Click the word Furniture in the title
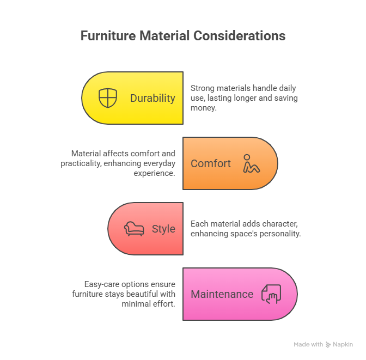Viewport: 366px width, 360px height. pyautogui.click(x=107, y=36)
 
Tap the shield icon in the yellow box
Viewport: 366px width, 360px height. pyautogui.click(x=108, y=98)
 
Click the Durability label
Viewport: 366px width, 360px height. pyautogui.click(x=152, y=98)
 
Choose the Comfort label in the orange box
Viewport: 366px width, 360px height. pyautogui.click(x=211, y=163)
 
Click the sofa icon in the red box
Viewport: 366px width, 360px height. pyautogui.click(x=133, y=229)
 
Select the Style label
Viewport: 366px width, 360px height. pyautogui.click(x=163, y=229)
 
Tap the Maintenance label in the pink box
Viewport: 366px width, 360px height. pyautogui.click(x=222, y=294)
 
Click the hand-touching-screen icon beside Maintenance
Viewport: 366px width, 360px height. pyautogui.click(x=271, y=294)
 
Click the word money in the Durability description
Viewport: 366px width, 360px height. pyautogui.click(x=203, y=108)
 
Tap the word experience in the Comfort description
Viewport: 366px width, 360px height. pyautogui.click(x=155, y=174)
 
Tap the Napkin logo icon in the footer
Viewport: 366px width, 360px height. pyautogui.click(x=328, y=345)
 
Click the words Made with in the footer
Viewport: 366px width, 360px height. pyautogui.click(x=308, y=345)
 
